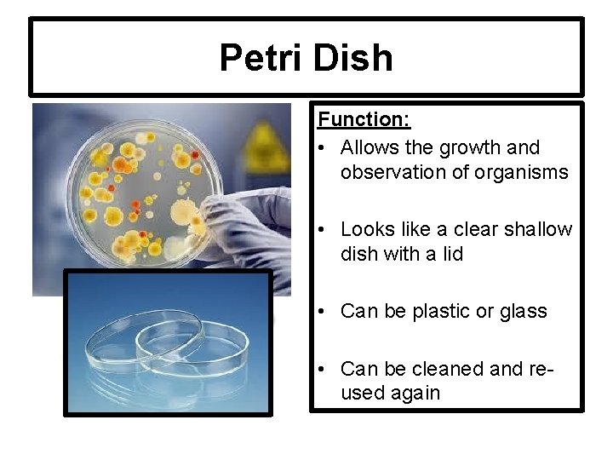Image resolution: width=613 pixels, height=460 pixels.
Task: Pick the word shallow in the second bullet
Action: (x=541, y=229)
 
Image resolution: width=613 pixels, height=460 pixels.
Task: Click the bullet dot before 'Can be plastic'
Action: (x=324, y=312)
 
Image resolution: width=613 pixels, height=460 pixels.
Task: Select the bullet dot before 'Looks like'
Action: (x=324, y=229)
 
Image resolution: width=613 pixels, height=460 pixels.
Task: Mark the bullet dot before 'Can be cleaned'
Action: (x=324, y=369)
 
